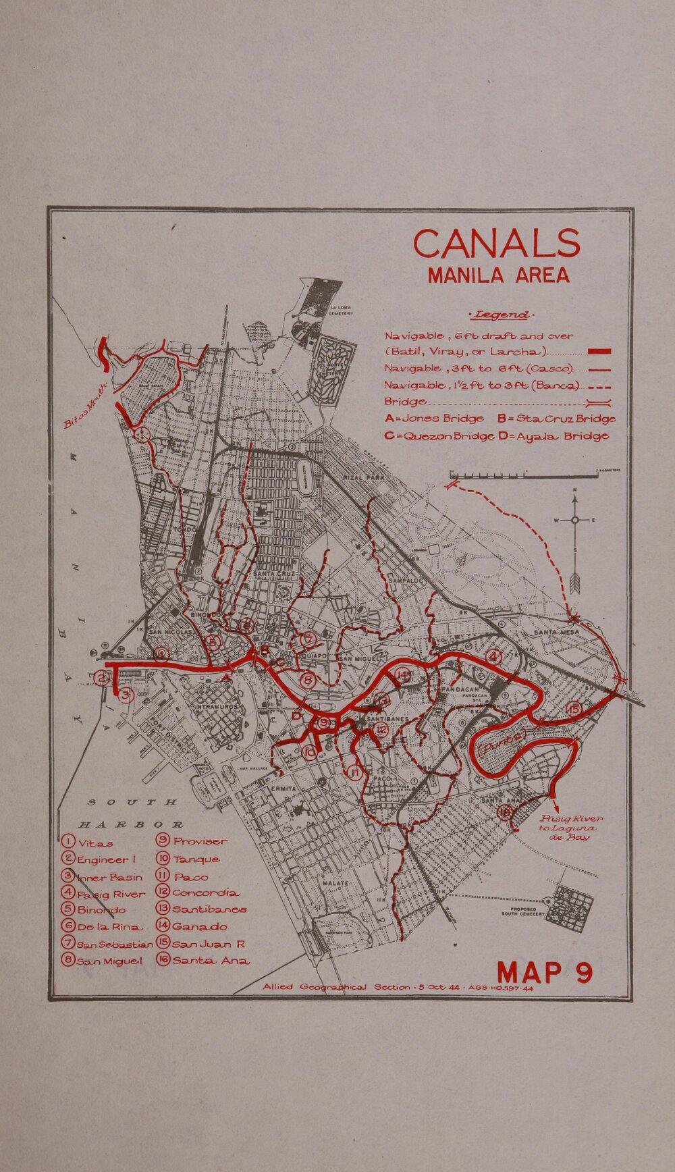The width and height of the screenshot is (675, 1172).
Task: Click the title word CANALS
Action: click(496, 244)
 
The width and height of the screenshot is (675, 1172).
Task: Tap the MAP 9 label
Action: click(545, 973)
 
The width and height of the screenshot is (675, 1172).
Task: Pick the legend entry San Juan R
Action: click(200, 944)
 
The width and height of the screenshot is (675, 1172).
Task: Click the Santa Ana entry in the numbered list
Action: click(202, 960)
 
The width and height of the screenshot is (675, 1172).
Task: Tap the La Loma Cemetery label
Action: click(341, 311)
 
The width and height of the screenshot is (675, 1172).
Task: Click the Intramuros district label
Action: click(215, 707)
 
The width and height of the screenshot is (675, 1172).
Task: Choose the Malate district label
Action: click(335, 883)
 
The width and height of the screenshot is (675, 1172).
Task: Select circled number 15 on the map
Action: click(574, 708)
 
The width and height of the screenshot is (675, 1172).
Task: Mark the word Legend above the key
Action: click(500, 315)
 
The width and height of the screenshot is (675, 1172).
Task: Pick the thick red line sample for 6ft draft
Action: click(599, 351)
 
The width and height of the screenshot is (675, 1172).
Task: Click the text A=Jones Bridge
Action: click(433, 419)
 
